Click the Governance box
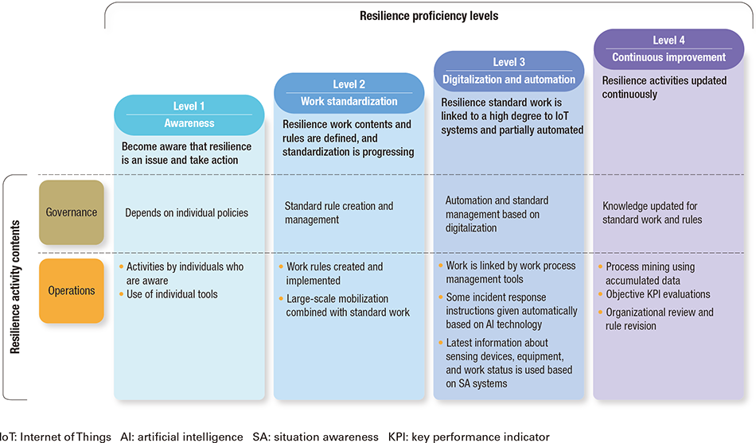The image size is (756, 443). click(x=72, y=212)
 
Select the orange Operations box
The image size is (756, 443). click(x=72, y=290)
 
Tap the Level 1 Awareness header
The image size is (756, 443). click(x=189, y=115)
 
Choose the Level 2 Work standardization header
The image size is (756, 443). click(x=349, y=93)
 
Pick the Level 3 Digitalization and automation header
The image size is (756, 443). click(x=509, y=71)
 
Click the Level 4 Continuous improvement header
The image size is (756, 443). click(x=668, y=49)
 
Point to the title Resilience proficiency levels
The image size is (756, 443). click(x=430, y=15)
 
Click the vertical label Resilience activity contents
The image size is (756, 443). click(x=15, y=287)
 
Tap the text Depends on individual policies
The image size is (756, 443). click(x=186, y=212)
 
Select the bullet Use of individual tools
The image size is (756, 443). click(x=172, y=294)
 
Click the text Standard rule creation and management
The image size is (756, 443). click(x=339, y=212)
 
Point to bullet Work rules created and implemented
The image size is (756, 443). click(x=334, y=273)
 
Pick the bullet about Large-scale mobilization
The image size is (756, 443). click(x=348, y=305)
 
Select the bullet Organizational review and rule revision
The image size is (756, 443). click(x=660, y=319)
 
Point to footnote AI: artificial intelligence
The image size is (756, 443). click(x=181, y=437)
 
